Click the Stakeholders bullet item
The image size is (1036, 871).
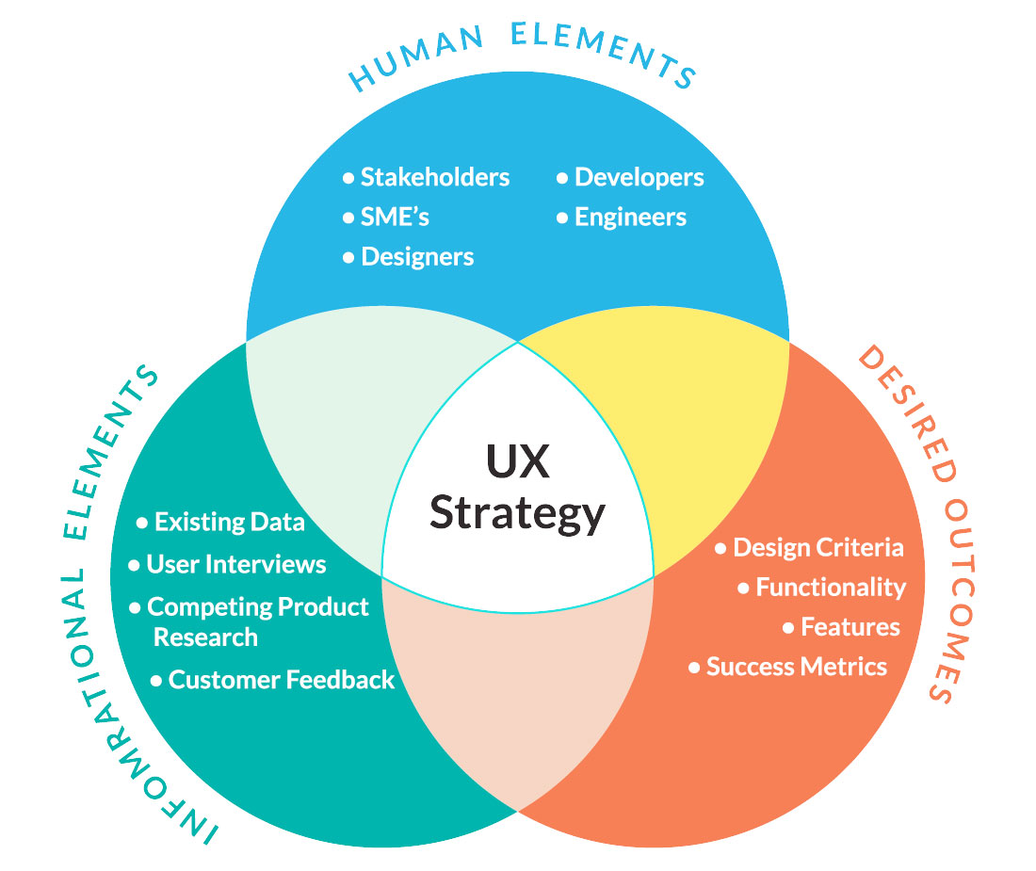click(426, 177)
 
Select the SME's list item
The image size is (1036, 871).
click(386, 217)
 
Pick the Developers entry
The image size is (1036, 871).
click(630, 177)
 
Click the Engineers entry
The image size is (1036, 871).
click(622, 217)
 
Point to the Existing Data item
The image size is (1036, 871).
click(220, 522)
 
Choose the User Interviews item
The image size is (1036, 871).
click(227, 564)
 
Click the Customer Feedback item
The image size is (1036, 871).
click(272, 680)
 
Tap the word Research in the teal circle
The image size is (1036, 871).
click(205, 637)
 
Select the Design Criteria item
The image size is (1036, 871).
click(809, 547)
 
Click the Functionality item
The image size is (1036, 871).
click(822, 587)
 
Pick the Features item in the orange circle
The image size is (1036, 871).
click(841, 627)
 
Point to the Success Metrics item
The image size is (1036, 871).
click(787, 667)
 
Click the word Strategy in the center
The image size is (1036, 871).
click(517, 514)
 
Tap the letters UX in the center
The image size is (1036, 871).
click(517, 460)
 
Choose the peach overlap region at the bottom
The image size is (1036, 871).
click(518, 686)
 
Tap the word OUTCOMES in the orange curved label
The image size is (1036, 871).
click(955, 601)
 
